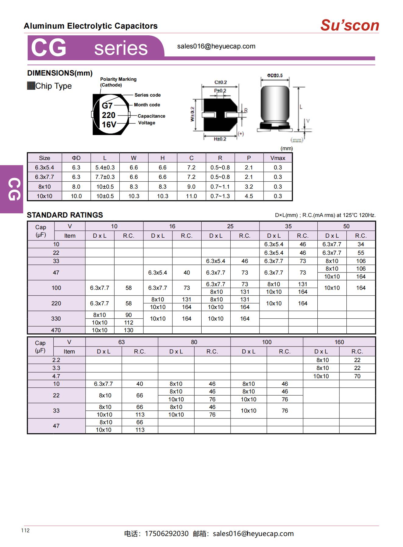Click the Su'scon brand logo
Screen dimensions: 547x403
point(349,25)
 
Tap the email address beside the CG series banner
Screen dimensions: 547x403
point(216,46)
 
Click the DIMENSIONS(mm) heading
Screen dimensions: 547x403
point(60,73)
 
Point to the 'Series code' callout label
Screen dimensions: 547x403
point(147,95)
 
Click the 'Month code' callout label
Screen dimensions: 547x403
point(147,105)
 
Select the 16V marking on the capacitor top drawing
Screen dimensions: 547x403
point(109,124)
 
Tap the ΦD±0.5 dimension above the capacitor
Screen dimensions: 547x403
point(275,75)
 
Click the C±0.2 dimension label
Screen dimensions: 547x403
point(221,82)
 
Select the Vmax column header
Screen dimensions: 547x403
point(278,158)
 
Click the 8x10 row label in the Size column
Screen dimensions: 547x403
point(44,186)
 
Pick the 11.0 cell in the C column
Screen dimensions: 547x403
point(191,196)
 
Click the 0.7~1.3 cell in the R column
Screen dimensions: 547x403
point(220,196)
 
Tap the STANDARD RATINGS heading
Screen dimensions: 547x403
point(65,215)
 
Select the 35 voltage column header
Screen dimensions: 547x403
point(288,226)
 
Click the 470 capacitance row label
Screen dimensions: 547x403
point(56,330)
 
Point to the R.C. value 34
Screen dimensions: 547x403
point(361,244)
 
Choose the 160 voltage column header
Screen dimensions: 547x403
point(339,342)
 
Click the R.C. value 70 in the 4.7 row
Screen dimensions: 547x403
point(357,376)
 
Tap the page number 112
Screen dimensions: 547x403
point(25,530)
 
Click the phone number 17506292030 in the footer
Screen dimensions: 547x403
point(167,534)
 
